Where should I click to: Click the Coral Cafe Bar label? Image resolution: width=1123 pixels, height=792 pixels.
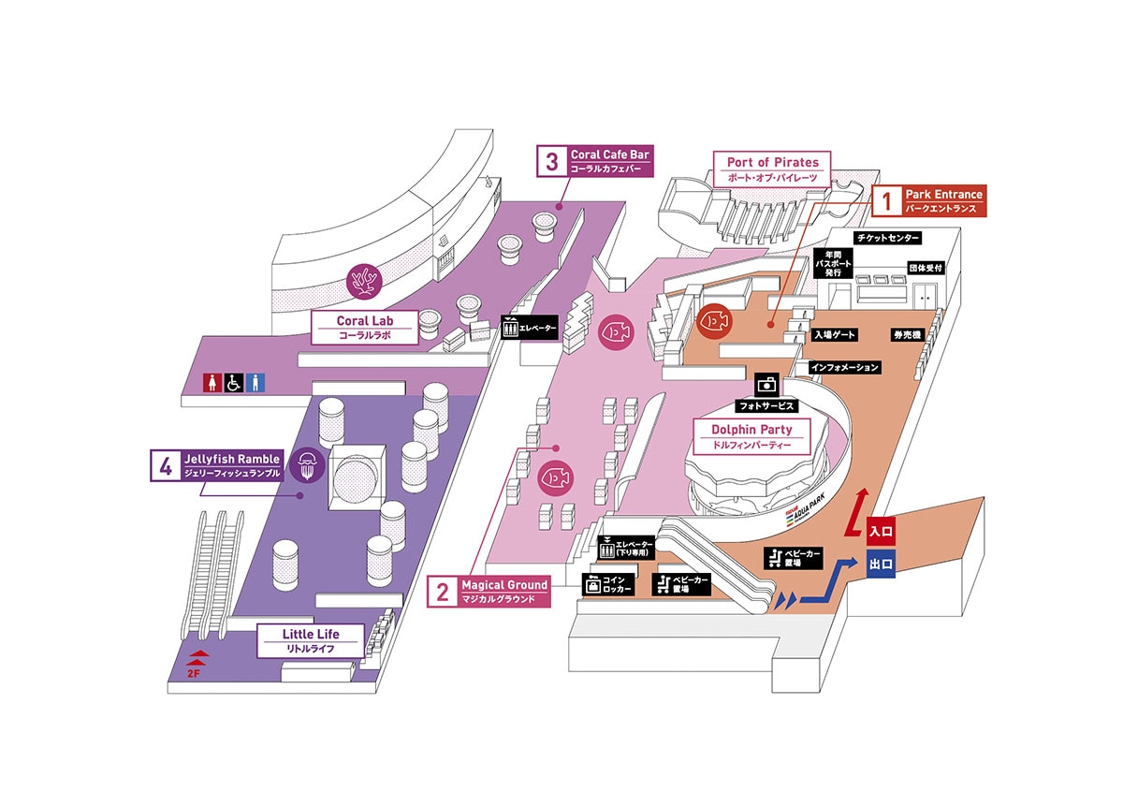(595, 161)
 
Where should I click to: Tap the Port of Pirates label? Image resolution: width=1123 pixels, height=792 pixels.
(772, 169)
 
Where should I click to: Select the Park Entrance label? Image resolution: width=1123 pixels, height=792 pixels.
(929, 201)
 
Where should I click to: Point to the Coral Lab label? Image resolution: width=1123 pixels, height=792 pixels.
(364, 328)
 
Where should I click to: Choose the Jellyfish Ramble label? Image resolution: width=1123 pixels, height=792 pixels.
(217, 465)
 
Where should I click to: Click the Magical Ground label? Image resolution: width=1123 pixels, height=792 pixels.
(489, 592)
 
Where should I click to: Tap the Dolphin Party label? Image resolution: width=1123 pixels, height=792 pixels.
(751, 436)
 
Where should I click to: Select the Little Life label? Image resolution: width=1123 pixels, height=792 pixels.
(311, 640)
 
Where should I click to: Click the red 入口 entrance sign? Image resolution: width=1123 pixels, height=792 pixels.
(881, 531)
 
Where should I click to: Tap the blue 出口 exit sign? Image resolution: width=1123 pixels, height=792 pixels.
(881, 564)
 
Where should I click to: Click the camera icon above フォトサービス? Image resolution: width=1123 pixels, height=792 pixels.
(767, 385)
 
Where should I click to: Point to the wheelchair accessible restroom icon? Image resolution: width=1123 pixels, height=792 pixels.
(234, 383)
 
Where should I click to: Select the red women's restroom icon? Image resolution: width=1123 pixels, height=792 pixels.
(212, 383)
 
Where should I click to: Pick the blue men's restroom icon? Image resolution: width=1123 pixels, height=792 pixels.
(255, 383)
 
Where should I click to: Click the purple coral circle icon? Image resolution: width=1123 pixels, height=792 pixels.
(364, 282)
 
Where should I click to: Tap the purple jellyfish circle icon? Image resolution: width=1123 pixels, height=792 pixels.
(307, 466)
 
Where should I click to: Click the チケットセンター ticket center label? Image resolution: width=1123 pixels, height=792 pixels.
(887, 238)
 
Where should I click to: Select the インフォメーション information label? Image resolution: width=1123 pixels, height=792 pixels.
(845, 367)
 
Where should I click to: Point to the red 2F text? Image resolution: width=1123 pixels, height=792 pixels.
(193, 674)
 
